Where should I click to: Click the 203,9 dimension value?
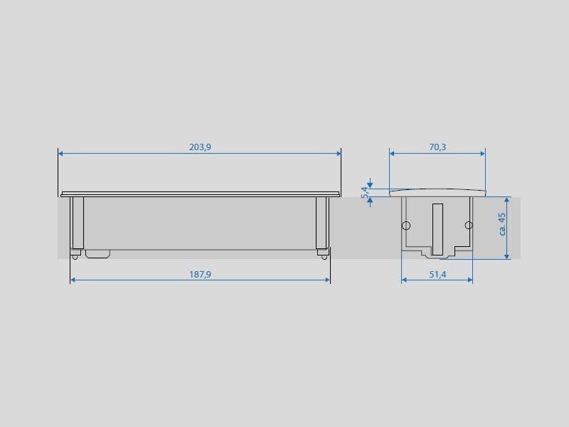200,147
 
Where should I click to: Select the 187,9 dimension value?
200,275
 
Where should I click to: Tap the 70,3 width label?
437,147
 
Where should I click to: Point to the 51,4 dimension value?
437,275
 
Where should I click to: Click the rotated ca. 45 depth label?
502,224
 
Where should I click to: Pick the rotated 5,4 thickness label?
365,192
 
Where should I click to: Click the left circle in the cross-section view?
406,226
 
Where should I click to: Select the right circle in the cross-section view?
469,225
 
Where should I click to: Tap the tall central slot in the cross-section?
437,229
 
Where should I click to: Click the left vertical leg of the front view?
77,223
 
